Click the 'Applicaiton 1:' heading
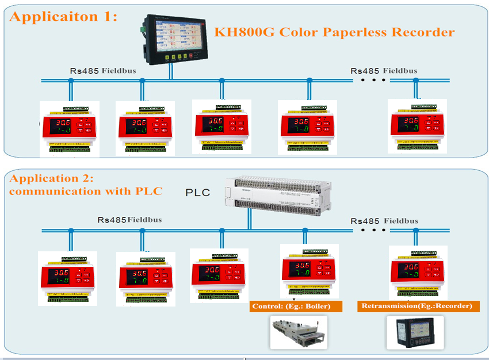63,16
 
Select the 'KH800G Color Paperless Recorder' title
334,32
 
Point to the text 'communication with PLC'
86,191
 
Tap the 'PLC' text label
197,192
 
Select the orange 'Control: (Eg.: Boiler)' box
296,306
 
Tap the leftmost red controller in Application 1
69,127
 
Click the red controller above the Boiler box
307,270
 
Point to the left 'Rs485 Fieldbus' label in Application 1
100,71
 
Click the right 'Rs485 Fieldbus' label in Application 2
384,221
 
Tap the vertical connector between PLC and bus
249,219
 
